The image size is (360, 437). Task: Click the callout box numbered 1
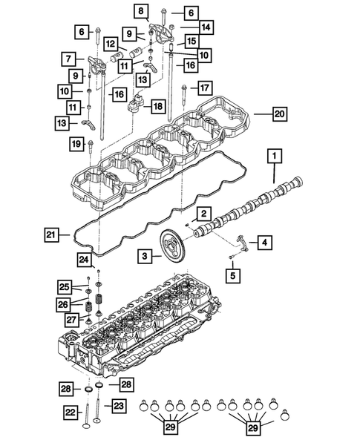(275, 156)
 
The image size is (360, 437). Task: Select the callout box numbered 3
(147, 255)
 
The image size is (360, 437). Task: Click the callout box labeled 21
(50, 235)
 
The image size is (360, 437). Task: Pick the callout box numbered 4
(264, 241)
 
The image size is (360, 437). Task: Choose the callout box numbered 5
(233, 276)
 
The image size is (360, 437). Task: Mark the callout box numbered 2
(202, 214)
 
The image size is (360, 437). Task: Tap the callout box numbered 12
(110, 43)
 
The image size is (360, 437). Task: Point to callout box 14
(206, 27)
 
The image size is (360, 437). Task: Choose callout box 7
(68, 58)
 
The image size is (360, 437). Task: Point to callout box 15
(191, 42)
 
